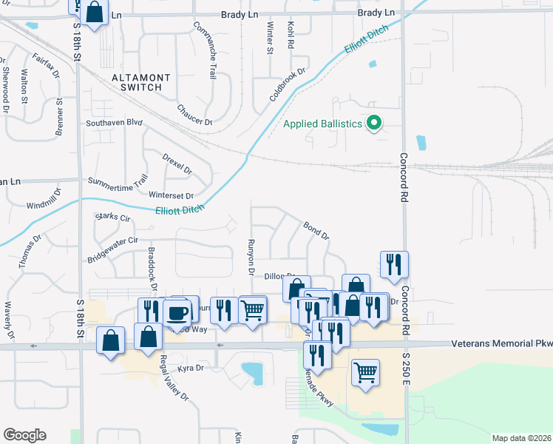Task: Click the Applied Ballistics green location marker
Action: click(375, 123)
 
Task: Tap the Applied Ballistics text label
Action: click(323, 124)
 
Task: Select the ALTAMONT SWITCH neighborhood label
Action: click(140, 82)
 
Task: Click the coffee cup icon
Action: click(177, 312)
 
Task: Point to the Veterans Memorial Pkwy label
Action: click(501, 344)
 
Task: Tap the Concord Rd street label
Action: click(404, 178)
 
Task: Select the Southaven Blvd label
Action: click(113, 123)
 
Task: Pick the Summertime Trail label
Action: click(118, 180)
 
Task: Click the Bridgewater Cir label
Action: click(113, 250)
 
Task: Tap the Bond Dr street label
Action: click(316, 229)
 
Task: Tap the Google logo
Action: click(24, 435)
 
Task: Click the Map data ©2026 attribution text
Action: click(521, 438)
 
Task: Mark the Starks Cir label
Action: click(113, 218)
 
